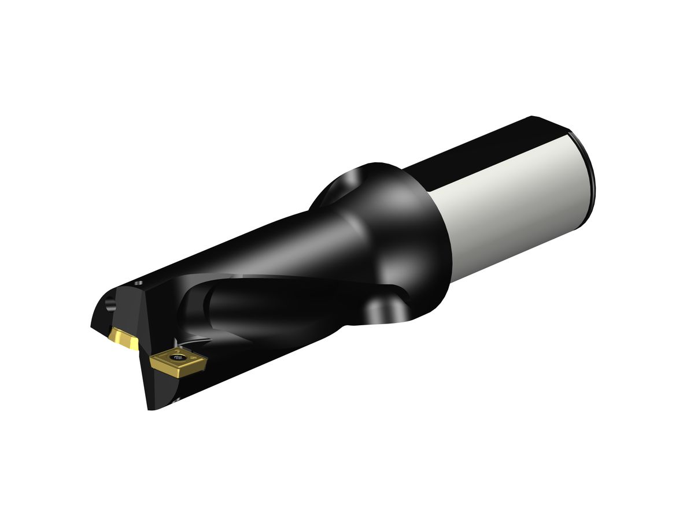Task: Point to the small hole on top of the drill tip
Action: pos(139,284)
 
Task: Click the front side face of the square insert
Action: pos(173,370)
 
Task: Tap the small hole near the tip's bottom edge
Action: pos(177,399)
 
